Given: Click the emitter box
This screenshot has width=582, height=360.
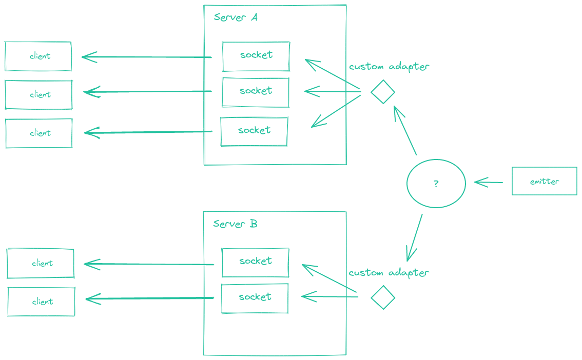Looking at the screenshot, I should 544,181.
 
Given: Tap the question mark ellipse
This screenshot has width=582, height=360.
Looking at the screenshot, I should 436,184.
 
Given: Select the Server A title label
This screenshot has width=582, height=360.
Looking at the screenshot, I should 236,17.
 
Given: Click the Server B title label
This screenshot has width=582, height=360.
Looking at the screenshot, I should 235,224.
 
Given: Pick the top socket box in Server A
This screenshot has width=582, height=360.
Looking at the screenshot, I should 256,56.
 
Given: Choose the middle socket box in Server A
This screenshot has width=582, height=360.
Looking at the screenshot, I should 255,92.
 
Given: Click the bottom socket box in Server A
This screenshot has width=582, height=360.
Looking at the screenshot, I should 254,131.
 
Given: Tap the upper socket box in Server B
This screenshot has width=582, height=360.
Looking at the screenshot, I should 255,262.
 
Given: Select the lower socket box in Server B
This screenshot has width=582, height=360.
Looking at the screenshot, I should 255,298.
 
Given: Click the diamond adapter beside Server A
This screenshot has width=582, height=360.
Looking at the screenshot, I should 382,92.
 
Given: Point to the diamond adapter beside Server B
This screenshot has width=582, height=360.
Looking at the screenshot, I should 383,297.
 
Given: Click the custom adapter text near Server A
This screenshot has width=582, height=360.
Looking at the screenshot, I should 389,67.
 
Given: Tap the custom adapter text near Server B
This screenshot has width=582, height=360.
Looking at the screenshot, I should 389,273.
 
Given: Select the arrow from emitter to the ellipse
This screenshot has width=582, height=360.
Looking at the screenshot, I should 489,182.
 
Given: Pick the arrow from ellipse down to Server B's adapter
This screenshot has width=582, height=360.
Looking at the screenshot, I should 415,237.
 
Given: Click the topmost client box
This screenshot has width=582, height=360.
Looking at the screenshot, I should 38,56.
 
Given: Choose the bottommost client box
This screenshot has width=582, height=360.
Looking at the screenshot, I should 41,302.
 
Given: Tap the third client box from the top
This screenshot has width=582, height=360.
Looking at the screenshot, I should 39,133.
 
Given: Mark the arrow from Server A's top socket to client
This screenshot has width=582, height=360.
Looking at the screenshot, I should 147,57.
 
